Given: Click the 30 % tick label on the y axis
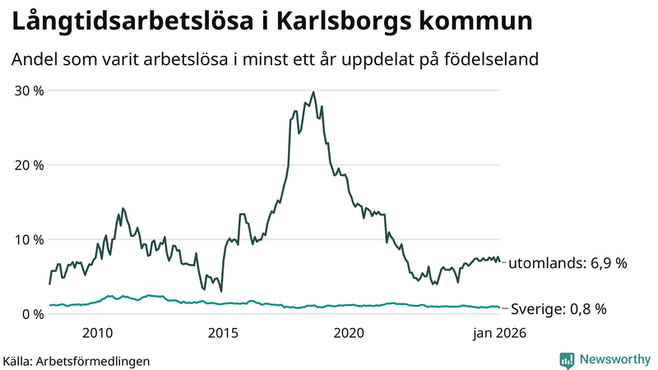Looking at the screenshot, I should click(27, 90).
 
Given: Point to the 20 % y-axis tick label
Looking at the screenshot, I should click(27, 164).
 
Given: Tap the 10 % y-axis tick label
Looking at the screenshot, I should click(27, 239).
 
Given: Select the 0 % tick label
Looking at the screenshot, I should click(31, 314).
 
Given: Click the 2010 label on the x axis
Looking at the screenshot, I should click(97, 333).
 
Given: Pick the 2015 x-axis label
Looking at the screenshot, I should click(223, 333).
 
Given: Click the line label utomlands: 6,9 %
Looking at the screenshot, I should click(568, 264).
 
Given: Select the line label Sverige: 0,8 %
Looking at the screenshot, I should click(558, 309).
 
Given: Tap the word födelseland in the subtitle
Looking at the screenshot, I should click(494, 60).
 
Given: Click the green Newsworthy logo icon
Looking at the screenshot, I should click(567, 359).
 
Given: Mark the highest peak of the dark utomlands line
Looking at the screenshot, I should click(313, 92).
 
